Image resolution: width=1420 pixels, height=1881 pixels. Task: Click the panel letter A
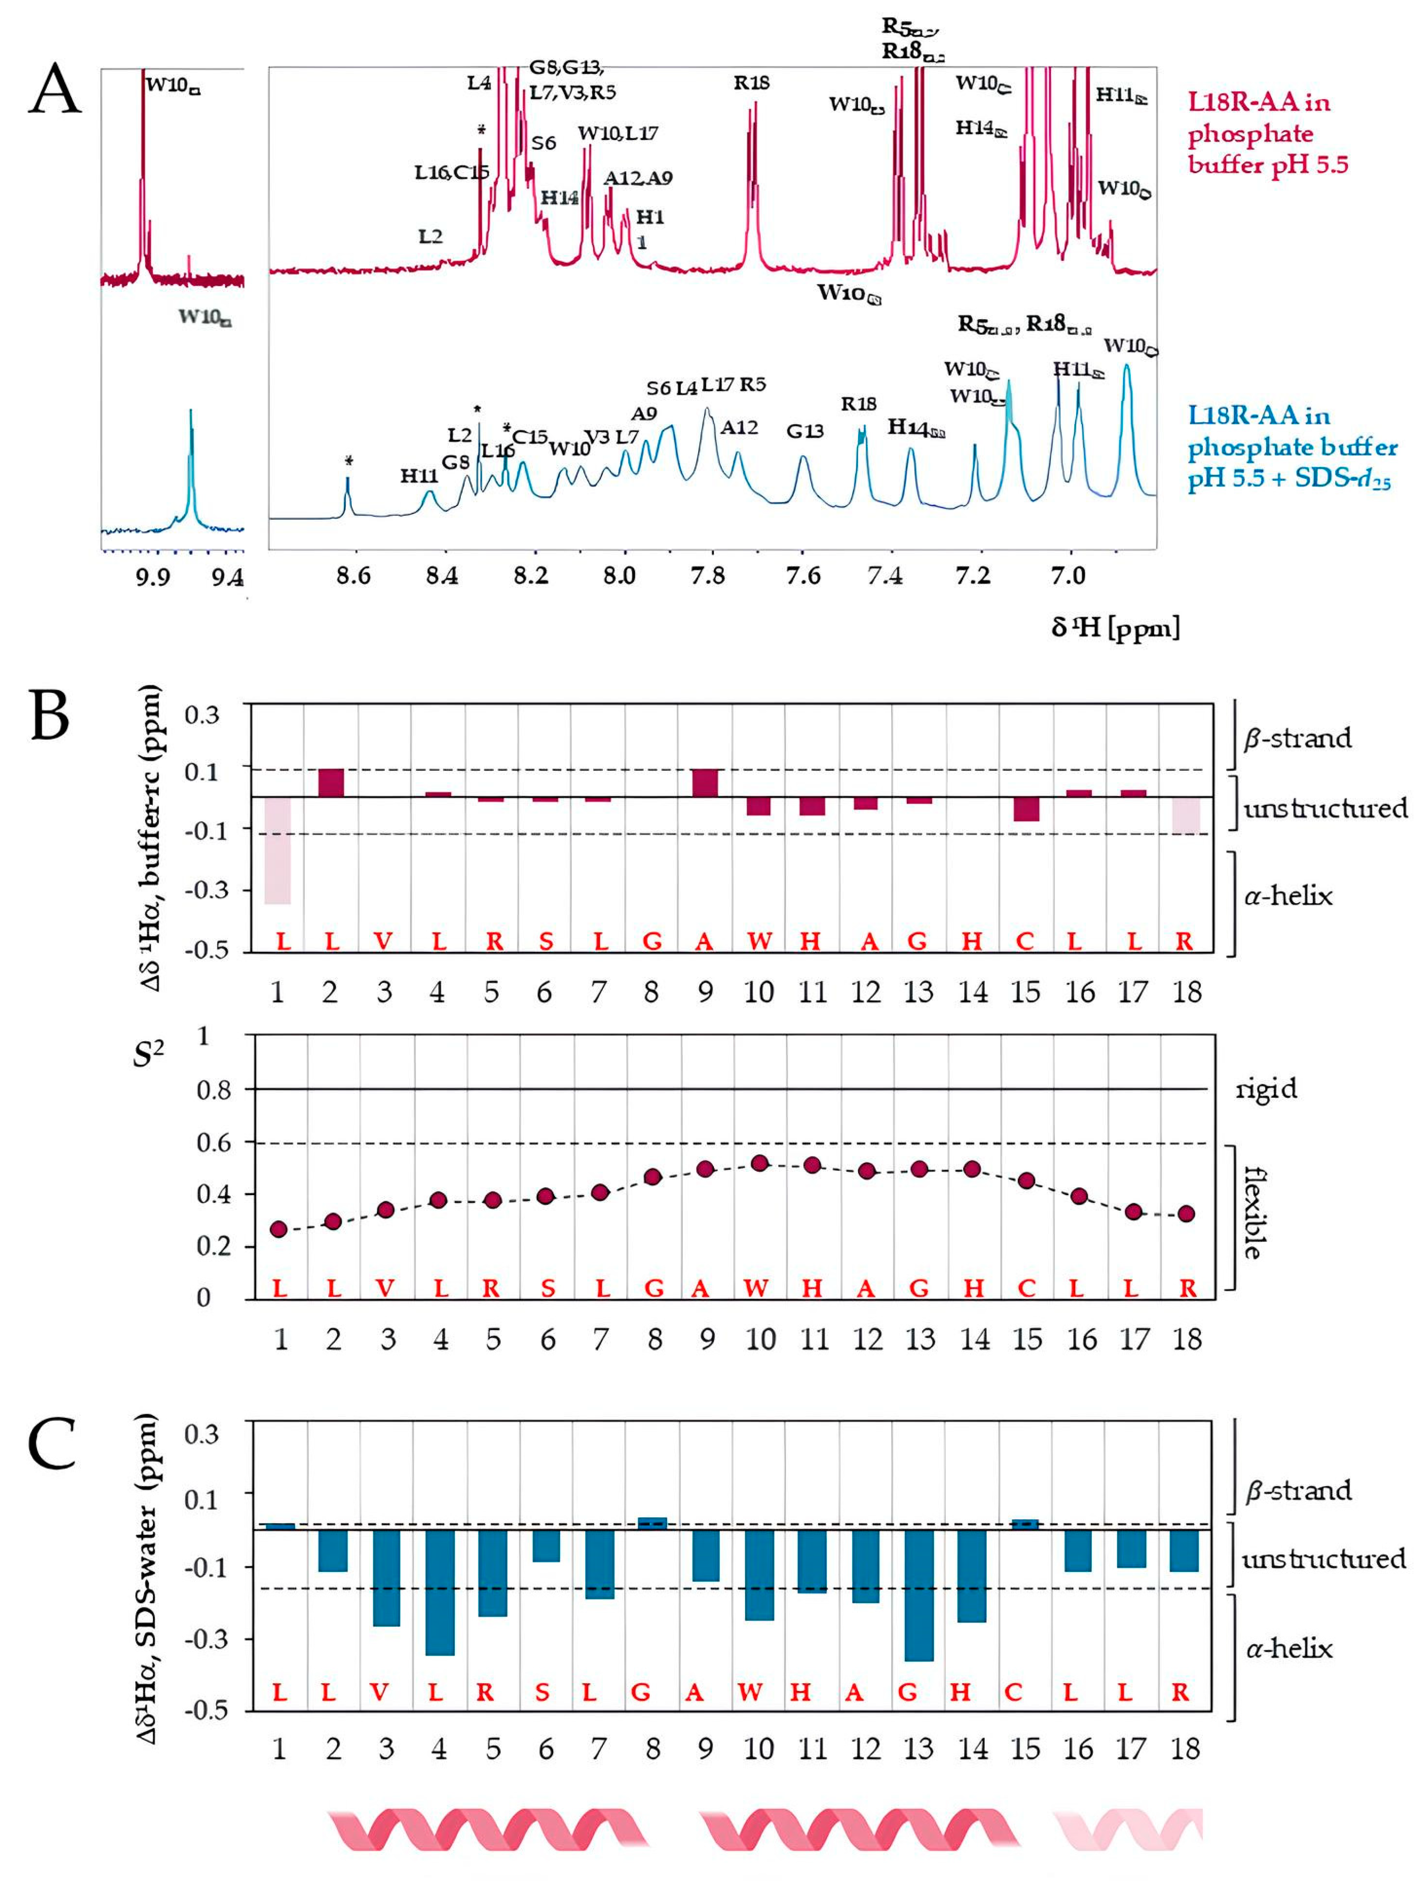55,89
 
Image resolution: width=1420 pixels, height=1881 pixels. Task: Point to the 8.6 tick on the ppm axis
354,577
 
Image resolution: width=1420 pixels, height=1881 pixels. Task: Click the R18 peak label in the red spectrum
752,83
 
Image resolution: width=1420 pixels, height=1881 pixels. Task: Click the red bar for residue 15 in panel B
1026,808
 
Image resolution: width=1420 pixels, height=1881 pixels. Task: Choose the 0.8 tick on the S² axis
214,1089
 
